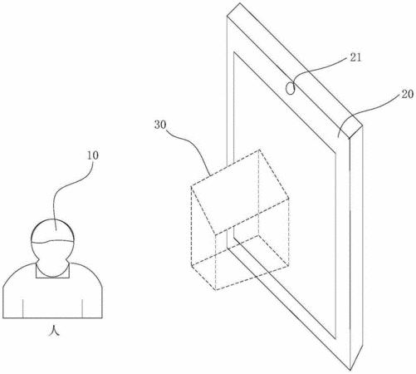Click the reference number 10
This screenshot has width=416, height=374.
pyautogui.click(x=93, y=155)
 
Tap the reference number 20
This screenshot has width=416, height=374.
pyautogui.click(x=408, y=94)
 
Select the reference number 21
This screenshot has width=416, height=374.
pyautogui.click(x=356, y=57)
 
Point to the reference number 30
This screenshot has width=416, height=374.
pyautogui.click(x=160, y=125)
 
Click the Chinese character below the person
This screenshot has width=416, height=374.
pyautogui.click(x=53, y=331)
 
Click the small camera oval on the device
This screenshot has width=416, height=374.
pyautogui.click(x=290, y=89)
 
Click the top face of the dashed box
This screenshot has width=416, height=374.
pyautogui.click(x=240, y=192)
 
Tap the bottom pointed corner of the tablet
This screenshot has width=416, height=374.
pyautogui.click(x=350, y=370)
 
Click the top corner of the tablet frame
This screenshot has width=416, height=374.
pyautogui.click(x=240, y=3)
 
